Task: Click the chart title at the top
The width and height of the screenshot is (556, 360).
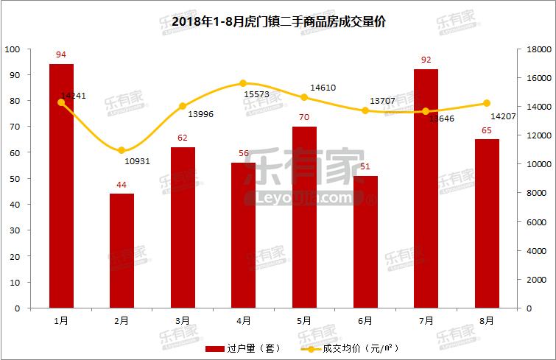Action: click(x=278, y=22)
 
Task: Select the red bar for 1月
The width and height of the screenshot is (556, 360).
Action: click(x=61, y=184)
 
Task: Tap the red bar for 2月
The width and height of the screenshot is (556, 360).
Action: click(x=122, y=250)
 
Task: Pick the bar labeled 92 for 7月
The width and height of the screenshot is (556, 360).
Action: click(x=426, y=188)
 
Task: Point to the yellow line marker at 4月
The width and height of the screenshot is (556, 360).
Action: click(x=244, y=83)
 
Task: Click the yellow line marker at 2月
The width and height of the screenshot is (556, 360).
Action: click(x=122, y=150)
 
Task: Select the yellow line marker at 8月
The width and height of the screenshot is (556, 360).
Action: click(x=487, y=103)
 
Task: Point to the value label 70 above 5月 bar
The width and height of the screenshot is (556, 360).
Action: click(x=304, y=117)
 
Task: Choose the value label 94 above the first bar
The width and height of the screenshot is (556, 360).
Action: click(x=61, y=54)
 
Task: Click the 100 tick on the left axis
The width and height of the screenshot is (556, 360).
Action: click(x=13, y=49)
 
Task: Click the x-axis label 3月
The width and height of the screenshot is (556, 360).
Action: click(x=183, y=320)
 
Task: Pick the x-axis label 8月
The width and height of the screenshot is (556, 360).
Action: click(x=487, y=320)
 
